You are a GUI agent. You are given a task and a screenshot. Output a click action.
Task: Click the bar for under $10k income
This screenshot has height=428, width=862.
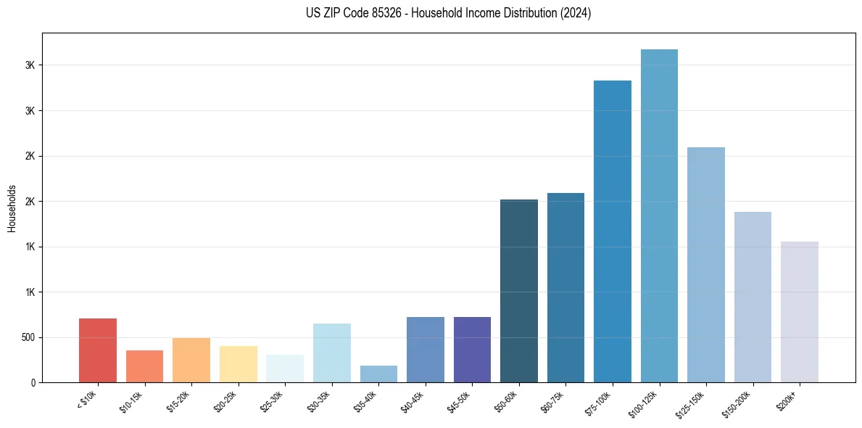pyautogui.click(x=98, y=350)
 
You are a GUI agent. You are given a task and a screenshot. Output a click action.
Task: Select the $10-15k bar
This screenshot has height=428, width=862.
pyautogui.click(x=144, y=366)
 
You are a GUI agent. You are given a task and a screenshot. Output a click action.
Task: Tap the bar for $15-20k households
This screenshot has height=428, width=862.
pyautogui.click(x=191, y=360)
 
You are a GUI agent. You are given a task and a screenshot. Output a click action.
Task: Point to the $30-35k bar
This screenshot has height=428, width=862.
pyautogui.click(x=332, y=353)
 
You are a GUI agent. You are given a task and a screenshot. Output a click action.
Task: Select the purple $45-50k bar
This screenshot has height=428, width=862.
pyautogui.click(x=472, y=350)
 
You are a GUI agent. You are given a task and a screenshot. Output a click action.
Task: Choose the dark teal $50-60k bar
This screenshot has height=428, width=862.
pyautogui.click(x=519, y=291)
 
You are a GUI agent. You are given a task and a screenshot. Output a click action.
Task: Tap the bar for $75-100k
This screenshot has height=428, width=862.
pyautogui.click(x=613, y=231)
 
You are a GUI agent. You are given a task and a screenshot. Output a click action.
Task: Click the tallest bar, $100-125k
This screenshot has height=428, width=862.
pyautogui.click(x=659, y=215)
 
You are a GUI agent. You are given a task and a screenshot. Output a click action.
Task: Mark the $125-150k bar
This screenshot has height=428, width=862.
pyautogui.click(x=706, y=265)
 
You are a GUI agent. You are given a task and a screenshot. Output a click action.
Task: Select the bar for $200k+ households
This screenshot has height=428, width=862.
pyautogui.click(x=800, y=312)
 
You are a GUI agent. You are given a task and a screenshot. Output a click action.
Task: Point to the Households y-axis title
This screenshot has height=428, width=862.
pyautogui.click(x=12, y=207)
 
